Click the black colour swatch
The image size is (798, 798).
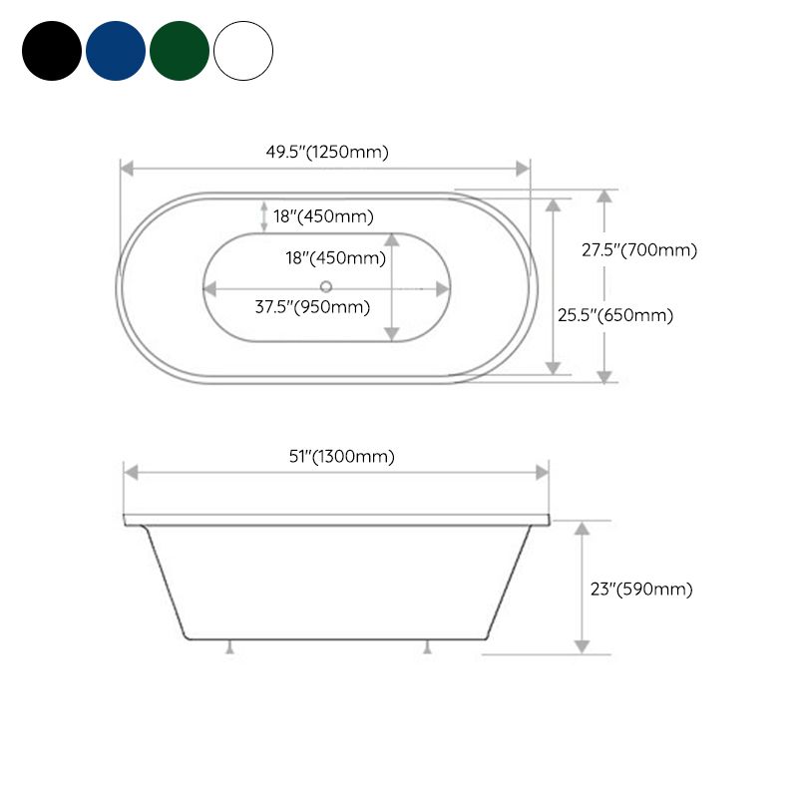tap(52, 51)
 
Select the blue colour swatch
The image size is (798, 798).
tap(116, 51)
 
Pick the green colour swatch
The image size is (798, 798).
tap(180, 51)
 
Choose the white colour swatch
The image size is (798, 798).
tap(243, 51)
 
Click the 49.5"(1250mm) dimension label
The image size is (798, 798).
tap(326, 152)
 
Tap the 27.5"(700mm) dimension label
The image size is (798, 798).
tap(639, 250)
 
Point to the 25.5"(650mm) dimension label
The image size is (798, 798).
tap(615, 315)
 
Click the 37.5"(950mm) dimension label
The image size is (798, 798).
tap(312, 306)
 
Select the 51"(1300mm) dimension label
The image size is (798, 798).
tap(342, 456)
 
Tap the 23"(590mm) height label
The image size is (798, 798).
tap(640, 589)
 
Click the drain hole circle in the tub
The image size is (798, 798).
tap(326, 288)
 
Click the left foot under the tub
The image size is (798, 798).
tap(229, 647)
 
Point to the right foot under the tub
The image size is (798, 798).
tap(428, 647)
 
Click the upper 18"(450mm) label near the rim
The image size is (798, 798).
tap(323, 215)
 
